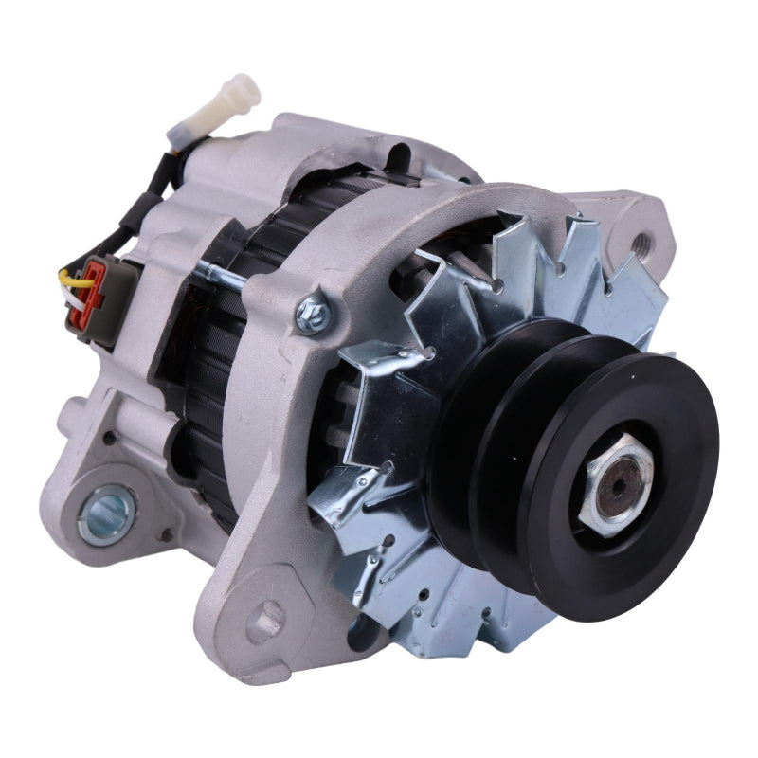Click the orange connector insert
93,285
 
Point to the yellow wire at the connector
68,276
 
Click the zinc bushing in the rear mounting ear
106,513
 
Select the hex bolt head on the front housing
311,314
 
